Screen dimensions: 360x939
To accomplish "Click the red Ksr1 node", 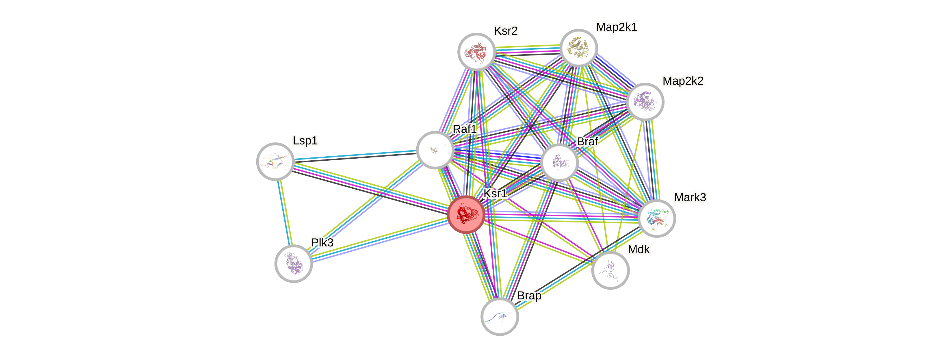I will pos(465,215).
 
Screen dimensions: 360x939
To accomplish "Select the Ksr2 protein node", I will pos(476,52).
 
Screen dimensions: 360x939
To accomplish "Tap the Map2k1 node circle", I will pos(578,48).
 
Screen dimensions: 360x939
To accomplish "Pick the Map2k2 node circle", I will pos(645,102).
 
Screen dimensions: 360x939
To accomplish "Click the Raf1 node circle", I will pos(435,150).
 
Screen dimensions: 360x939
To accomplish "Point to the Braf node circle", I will pos(559,162).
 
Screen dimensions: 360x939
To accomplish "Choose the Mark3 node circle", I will pos(657,218).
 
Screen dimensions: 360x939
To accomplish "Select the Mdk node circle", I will pos(610,270).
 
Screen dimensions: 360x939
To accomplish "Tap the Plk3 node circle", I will pos(294,263).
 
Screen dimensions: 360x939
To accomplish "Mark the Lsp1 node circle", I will pos(275,162).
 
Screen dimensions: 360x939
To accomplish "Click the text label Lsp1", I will pos(305,140).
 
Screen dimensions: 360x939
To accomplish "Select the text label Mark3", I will pos(690,197).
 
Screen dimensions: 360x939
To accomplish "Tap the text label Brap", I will pos(529,296).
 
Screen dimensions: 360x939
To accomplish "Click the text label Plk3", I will pos(322,242).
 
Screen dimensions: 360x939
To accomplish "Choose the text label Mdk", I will pos(639,249).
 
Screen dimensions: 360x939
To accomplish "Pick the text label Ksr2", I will pos(506,31).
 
